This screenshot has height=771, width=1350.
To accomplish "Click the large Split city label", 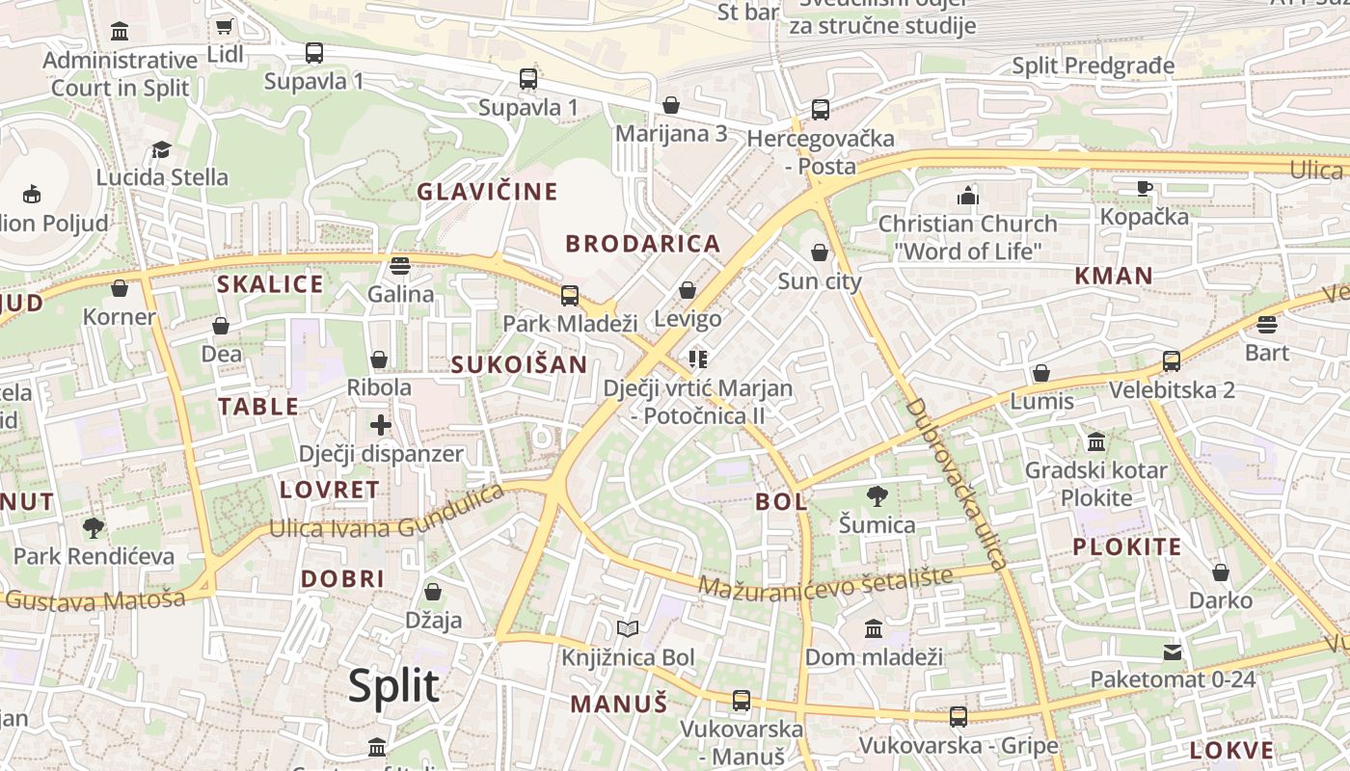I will (393, 685).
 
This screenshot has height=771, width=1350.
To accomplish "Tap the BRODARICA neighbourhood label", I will (643, 244).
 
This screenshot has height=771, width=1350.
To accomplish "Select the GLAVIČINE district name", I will (487, 192).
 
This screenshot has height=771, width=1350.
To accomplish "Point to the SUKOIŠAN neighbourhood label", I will (519, 364).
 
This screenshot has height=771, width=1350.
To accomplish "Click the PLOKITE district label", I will (1126, 547).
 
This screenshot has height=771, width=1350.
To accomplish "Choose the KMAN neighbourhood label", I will (1114, 276).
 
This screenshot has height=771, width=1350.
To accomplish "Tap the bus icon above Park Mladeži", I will (570, 295).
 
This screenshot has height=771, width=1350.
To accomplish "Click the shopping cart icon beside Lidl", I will (225, 27).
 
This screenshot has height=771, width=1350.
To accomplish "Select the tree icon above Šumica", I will (877, 497).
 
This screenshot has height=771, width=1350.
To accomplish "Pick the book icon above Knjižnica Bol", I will (628, 629).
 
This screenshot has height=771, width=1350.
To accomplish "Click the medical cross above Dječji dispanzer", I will (381, 424).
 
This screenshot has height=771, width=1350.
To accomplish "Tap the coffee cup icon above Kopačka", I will (1145, 188).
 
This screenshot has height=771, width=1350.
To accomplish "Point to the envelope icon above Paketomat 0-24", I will (1173, 652).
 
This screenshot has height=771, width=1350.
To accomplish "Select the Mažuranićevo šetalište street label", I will (824, 582).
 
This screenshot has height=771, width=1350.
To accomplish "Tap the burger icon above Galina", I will (400, 265).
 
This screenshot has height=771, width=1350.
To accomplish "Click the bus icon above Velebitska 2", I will (1172, 361).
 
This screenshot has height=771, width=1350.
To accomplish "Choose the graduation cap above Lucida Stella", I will (162, 150).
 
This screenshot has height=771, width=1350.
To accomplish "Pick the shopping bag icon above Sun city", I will (819, 253).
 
